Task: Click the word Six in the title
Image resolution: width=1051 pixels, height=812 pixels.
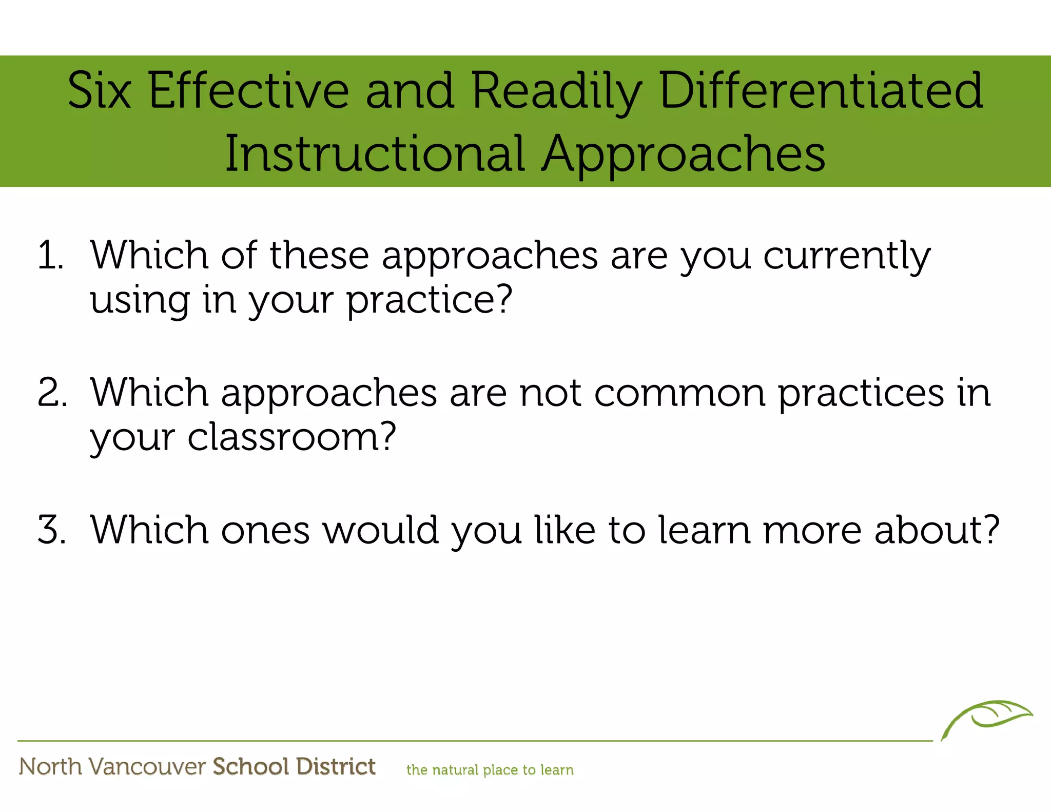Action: [x=100, y=91]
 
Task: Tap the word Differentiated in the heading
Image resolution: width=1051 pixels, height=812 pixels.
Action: [x=821, y=91]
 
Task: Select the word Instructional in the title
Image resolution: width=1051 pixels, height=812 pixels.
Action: [x=375, y=153]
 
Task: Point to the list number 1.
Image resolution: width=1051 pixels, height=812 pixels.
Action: [x=50, y=255]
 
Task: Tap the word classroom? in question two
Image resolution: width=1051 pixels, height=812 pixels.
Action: [x=291, y=437]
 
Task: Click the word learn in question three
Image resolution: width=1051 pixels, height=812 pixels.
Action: [x=705, y=530]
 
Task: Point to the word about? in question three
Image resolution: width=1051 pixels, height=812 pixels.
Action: [x=937, y=530]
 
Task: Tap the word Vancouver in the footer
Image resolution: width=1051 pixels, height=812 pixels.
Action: [x=147, y=767]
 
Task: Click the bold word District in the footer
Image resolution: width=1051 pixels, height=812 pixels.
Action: [x=336, y=766]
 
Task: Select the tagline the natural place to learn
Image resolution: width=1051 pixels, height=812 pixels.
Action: [x=490, y=770]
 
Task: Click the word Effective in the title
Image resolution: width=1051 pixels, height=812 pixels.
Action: [x=249, y=91]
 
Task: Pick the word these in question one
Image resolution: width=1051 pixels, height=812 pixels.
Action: [x=319, y=255]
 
